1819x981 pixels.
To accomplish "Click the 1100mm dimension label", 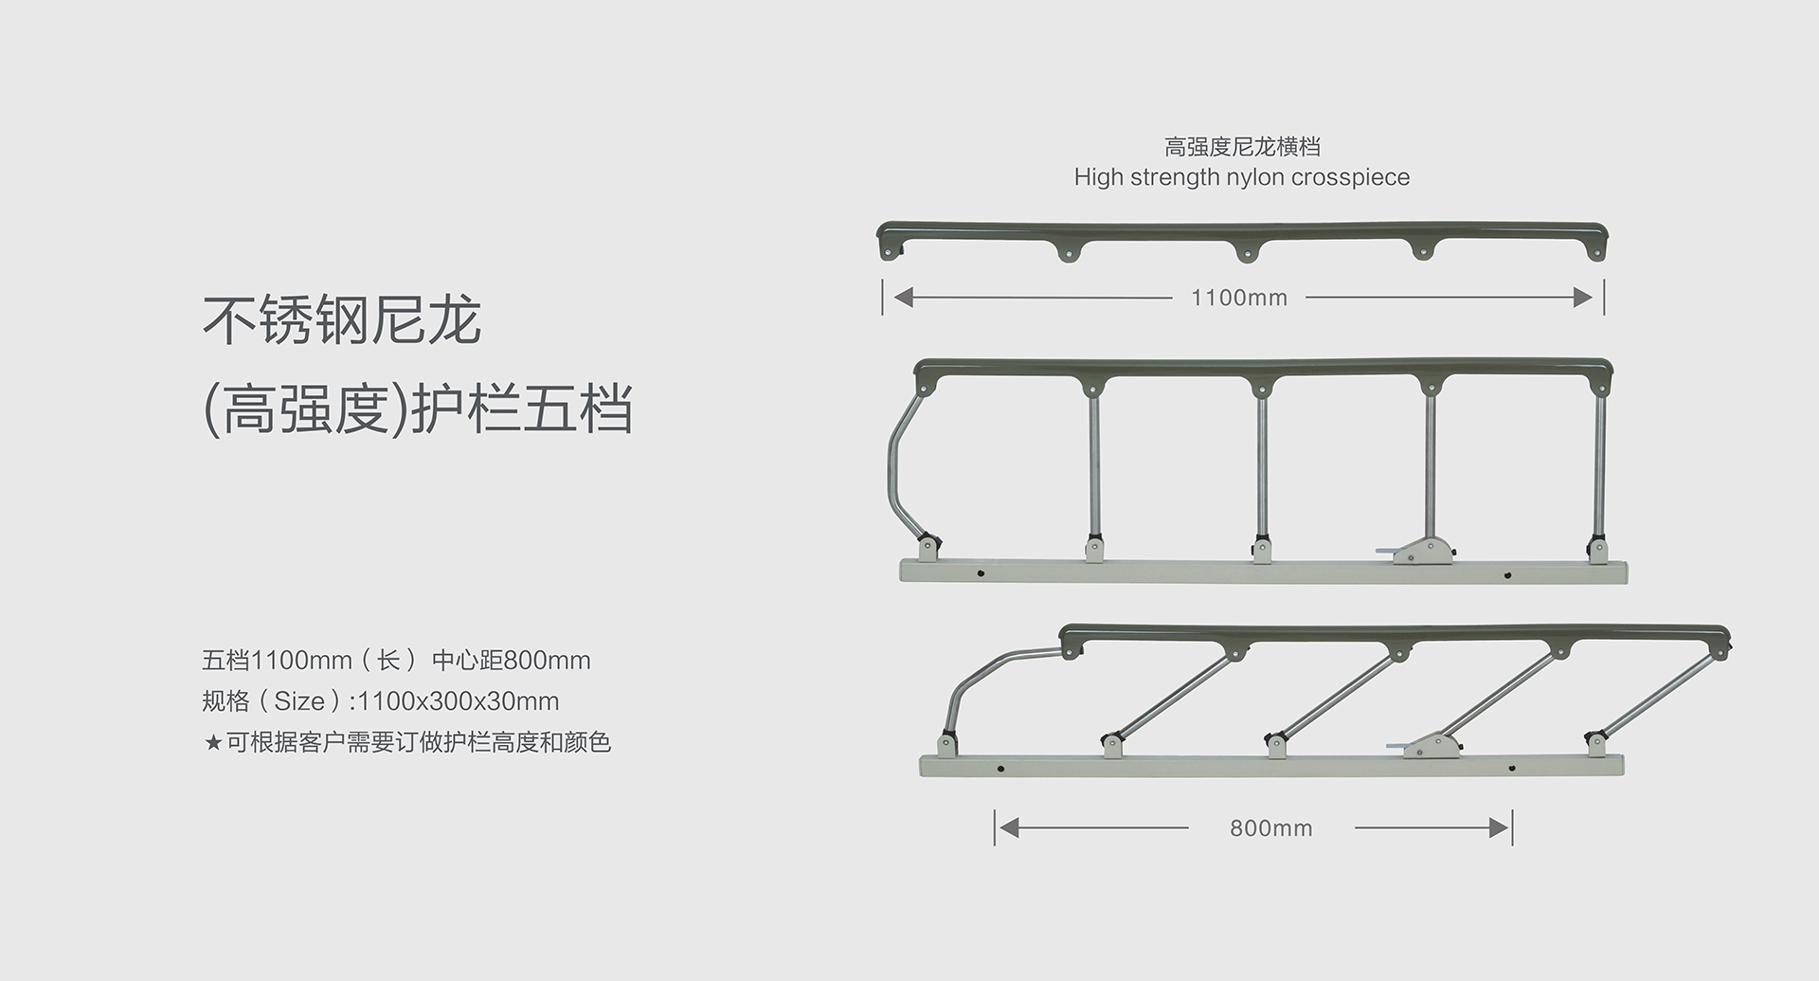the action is pyautogui.click(x=1238, y=298).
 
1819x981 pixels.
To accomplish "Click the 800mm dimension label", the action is pyautogui.click(x=1270, y=828).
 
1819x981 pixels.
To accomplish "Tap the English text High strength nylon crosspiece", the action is pyautogui.click(x=1241, y=177).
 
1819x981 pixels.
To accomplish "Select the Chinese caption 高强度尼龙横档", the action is pyautogui.click(x=1242, y=147).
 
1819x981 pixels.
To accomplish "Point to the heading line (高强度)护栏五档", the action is pyautogui.click(x=418, y=409).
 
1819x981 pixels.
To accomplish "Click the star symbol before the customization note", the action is pyautogui.click(x=213, y=742).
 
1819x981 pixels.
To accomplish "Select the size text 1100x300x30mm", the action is pyautogui.click(x=459, y=701).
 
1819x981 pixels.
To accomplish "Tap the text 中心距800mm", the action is pyautogui.click(x=511, y=661).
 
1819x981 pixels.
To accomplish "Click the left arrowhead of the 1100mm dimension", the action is pyautogui.click(x=903, y=298).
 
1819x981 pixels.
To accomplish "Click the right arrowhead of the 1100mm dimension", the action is pyautogui.click(x=1583, y=298).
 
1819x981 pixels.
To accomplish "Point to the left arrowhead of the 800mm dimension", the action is pyautogui.click(x=1009, y=828).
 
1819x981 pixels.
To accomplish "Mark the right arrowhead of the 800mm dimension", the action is pyautogui.click(x=1499, y=828).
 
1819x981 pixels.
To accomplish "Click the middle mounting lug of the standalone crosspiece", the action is pyautogui.click(x=1248, y=251).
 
